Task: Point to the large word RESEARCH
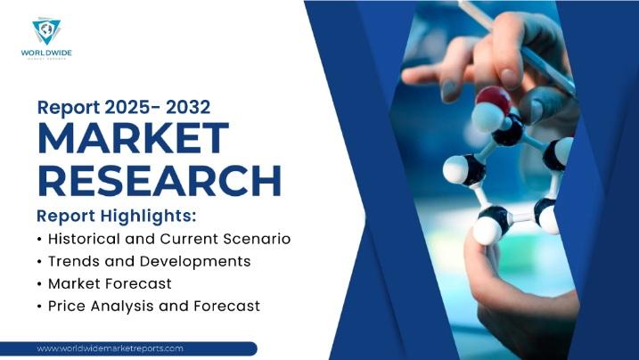click(160, 181)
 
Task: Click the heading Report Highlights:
click(116, 217)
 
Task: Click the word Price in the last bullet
click(68, 306)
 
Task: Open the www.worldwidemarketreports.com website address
click(111, 348)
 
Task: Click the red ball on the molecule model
click(492, 99)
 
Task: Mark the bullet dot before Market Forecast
click(39, 284)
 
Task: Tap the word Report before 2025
click(67, 108)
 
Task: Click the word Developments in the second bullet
click(201, 261)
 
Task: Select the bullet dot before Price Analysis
click(39, 307)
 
